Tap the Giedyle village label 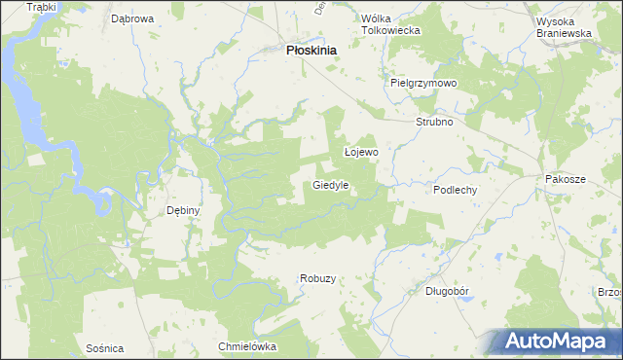331,184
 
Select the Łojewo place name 361,153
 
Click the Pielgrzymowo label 423,84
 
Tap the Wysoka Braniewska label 565,24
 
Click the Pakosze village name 566,180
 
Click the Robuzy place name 317,278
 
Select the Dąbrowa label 133,18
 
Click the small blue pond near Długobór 468,300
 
